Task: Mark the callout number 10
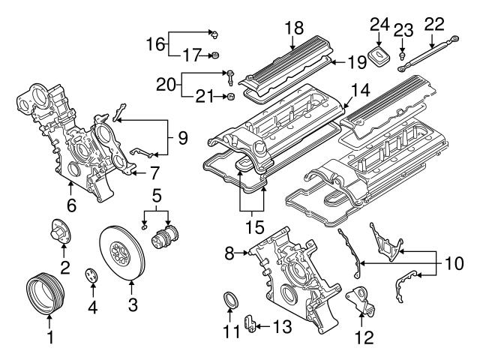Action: click(454, 263)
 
